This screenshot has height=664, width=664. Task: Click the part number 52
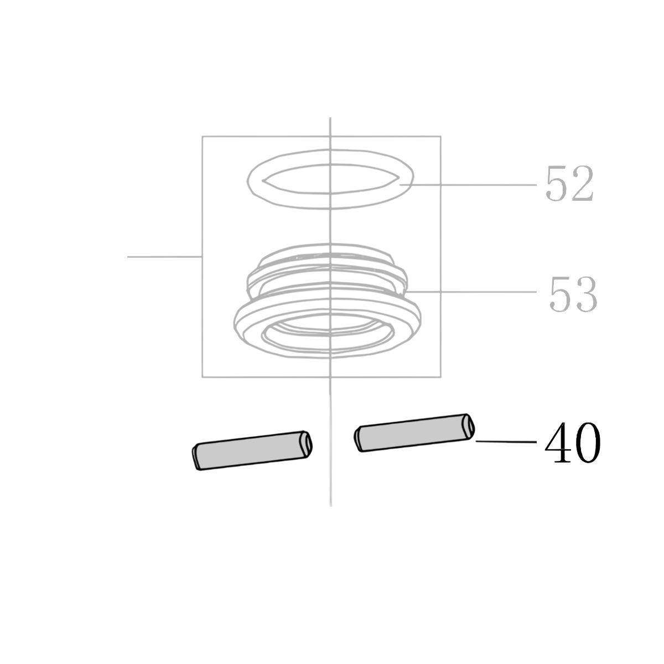pos(569,183)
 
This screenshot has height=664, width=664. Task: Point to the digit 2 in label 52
pos(582,183)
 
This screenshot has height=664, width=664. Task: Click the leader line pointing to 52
pos(468,185)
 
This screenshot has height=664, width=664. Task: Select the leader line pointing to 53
pos(471,292)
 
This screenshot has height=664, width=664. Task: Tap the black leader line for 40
pos(506,442)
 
